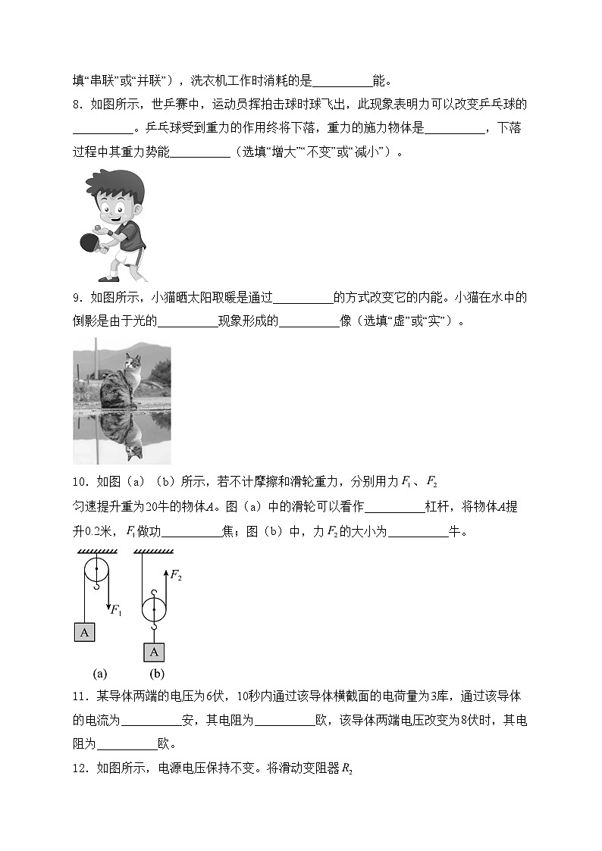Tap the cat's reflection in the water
(x=122, y=435)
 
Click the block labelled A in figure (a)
(x=84, y=631)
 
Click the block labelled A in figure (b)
(x=154, y=652)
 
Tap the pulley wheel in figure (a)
(x=96, y=571)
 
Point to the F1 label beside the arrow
(x=116, y=609)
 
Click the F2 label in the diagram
(x=175, y=577)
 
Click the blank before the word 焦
(x=191, y=532)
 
